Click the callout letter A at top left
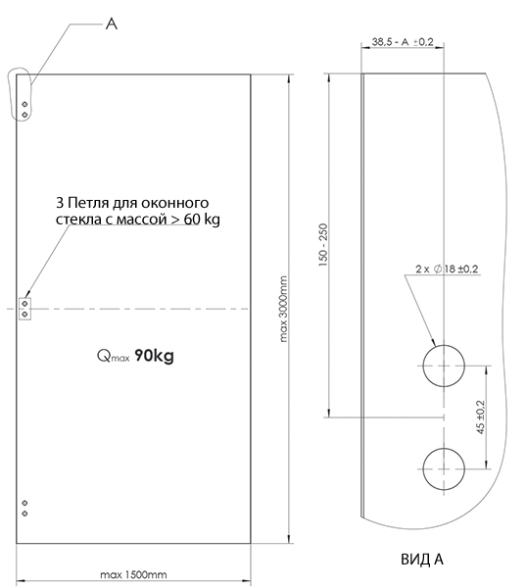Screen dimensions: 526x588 pos(112,24)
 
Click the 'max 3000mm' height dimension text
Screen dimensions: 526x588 pos(284,309)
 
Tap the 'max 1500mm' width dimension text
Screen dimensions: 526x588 pos(133,574)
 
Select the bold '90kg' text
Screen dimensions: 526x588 pos(154,356)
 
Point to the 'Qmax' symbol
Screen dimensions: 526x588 pos(114,356)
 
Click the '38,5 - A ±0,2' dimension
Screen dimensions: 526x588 pos(403,41)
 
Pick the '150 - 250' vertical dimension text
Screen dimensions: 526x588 pos(323,245)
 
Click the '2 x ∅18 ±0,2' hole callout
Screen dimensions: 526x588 pos(447,269)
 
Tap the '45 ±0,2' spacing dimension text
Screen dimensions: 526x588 pos(481,417)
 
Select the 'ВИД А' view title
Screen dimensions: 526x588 pos(422,560)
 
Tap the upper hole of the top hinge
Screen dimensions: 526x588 pos(24,104)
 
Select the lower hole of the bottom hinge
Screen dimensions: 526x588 pos(24,514)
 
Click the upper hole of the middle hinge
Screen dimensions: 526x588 pos(24,303)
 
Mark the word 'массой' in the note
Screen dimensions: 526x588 pos(141,220)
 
